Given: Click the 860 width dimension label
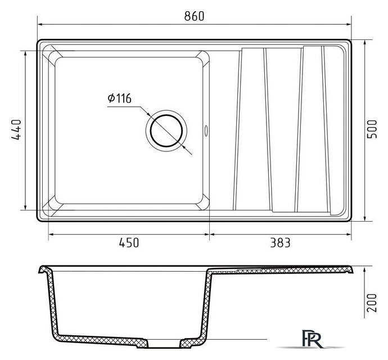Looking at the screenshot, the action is pos(194,16).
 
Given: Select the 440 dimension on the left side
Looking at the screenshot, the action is pos(16,130).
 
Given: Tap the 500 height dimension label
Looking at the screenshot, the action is pos(372,129).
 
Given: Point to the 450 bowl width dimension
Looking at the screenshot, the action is pos(129,242).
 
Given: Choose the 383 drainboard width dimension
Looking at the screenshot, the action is pos(280,242).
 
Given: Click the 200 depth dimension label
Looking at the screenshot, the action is pos(372,303).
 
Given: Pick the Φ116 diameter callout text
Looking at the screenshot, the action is pos(120,98).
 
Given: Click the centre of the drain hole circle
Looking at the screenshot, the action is pos(166,130).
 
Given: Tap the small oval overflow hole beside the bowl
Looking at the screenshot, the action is pos(206,130).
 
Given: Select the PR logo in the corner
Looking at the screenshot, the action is pos(313,339).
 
